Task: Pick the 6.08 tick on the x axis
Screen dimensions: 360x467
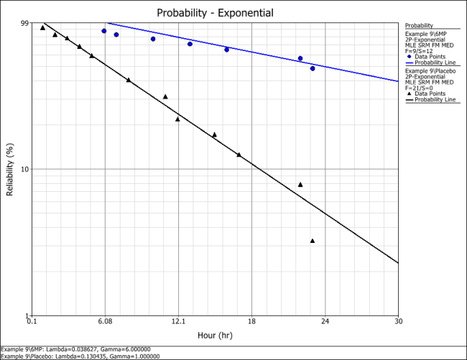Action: click(x=105, y=321)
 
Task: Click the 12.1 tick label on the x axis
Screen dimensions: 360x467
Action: click(x=178, y=321)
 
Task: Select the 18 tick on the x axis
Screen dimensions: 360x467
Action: click(x=251, y=321)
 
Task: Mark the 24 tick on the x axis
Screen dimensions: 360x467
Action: click(x=325, y=321)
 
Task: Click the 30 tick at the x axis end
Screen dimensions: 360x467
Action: click(x=398, y=321)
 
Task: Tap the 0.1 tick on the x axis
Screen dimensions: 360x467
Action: click(x=32, y=321)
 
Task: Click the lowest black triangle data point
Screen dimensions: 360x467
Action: click(x=313, y=241)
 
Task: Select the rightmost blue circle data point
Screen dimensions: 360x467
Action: click(x=313, y=68)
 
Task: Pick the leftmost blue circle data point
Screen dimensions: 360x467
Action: click(x=104, y=31)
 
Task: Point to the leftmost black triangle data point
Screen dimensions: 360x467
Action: click(x=42, y=27)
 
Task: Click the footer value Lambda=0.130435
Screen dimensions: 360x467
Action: click(x=88, y=356)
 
